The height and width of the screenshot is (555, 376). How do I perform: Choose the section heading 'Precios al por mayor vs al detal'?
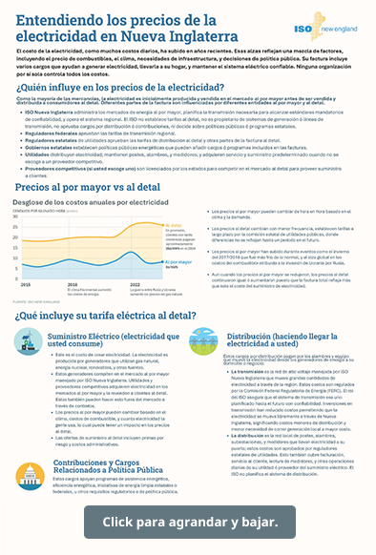point(94,190)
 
